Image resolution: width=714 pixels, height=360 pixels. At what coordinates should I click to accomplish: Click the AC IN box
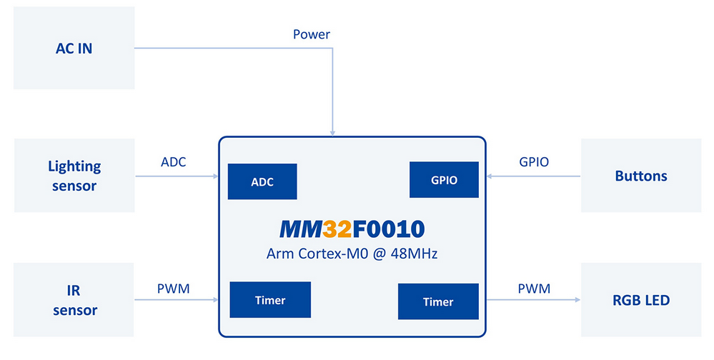coord(74,48)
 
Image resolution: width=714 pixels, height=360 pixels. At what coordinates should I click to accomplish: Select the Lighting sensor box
coord(74,175)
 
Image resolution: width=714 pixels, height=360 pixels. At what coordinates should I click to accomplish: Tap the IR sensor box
coord(74,299)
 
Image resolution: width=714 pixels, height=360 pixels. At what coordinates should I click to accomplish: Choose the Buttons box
coord(640,175)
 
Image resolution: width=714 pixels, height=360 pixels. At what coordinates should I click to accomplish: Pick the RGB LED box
coord(640,299)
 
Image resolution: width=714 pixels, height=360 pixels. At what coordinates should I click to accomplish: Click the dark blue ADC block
coord(262,181)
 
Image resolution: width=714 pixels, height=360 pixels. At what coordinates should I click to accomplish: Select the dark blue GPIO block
coord(444,180)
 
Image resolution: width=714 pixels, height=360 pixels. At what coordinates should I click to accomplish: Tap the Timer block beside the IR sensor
coord(270,299)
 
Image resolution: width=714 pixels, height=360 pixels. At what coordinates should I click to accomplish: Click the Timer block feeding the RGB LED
coord(438,301)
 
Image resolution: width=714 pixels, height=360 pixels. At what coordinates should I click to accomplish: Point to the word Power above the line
coord(312,34)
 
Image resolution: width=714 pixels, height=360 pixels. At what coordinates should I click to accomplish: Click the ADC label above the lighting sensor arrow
coord(174,162)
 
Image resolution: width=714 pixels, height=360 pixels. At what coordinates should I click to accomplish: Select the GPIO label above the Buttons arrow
coord(534,162)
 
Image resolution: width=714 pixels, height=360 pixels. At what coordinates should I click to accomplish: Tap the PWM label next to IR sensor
coord(174,289)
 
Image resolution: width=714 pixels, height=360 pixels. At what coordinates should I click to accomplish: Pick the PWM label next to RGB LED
coord(534,289)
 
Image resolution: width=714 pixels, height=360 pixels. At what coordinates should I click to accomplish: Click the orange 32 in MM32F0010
coord(337,229)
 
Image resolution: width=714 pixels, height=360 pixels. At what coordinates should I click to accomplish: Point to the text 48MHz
coord(414,253)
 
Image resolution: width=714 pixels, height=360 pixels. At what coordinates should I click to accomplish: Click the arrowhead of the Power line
coord(332,133)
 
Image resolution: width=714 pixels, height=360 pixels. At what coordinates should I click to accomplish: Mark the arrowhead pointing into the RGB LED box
coord(578,299)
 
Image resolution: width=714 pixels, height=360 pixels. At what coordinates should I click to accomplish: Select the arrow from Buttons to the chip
coord(533,176)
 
